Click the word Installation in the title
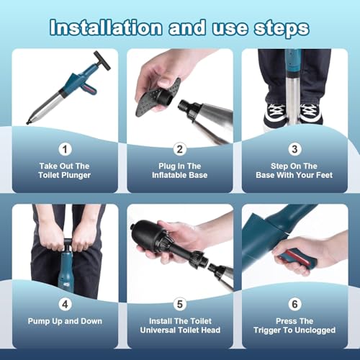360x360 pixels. coord(106,27)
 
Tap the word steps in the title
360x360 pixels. coord(282,29)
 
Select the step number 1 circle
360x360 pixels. coord(65,149)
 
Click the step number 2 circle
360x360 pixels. coord(180,149)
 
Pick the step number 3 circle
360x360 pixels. coord(294,149)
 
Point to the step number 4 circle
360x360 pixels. coord(65,305)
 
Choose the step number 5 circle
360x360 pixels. coord(180,305)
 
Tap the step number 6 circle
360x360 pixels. coord(294,305)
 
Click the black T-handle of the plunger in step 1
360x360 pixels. coord(102,60)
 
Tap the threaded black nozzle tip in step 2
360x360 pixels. coord(185,106)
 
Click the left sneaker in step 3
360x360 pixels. coord(275,114)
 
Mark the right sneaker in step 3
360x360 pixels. coord(310,114)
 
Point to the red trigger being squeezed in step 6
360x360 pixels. coord(298,257)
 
